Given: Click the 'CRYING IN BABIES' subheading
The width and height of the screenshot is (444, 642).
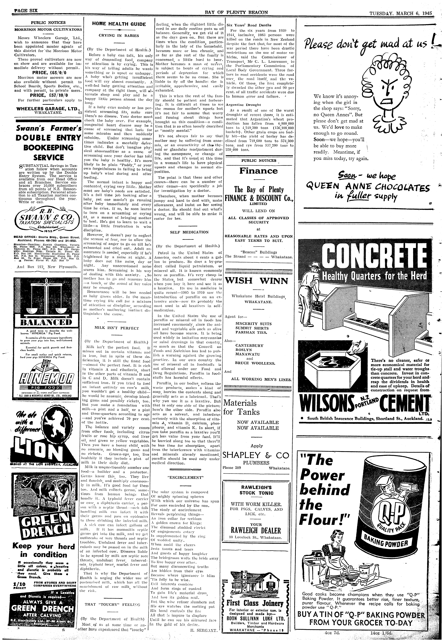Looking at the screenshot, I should click(x=119, y=36).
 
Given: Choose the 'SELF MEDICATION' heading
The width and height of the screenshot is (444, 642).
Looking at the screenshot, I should click(x=189, y=232).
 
